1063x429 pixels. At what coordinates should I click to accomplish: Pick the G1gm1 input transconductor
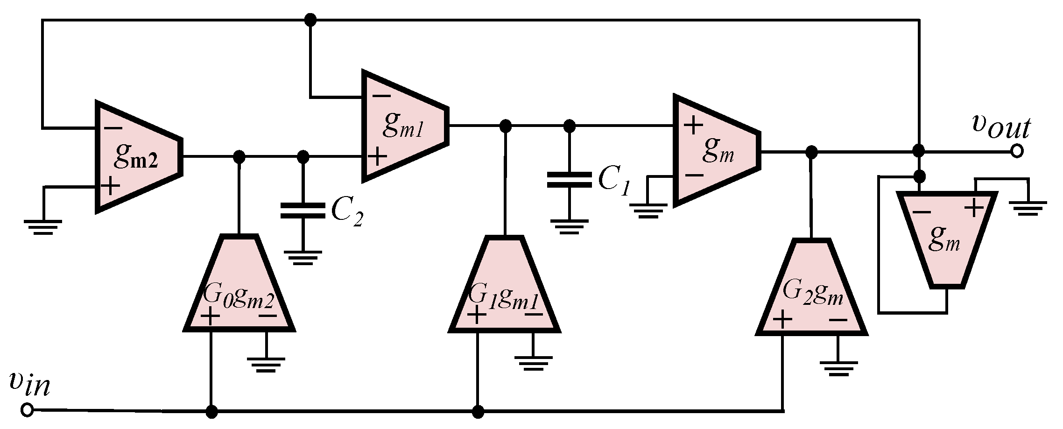[504, 287]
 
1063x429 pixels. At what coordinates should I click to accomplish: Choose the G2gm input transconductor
[811, 289]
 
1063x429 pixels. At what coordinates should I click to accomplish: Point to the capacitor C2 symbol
[303, 211]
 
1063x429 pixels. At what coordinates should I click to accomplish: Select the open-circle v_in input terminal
[28, 410]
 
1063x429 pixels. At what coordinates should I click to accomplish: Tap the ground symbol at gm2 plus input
[43, 227]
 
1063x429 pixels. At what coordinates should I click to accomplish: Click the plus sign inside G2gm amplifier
[782, 320]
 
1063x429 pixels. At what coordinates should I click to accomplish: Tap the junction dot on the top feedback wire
[310, 20]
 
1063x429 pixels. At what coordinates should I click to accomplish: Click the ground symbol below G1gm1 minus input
[533, 363]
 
